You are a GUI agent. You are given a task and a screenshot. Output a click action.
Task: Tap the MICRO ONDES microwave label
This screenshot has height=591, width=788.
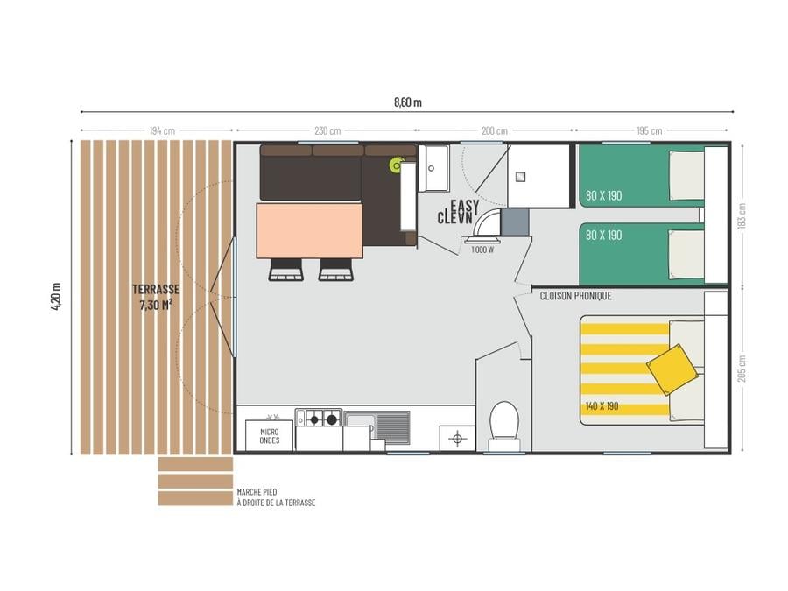pos(270,436)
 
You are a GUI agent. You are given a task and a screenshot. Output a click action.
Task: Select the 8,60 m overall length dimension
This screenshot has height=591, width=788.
pos(407,102)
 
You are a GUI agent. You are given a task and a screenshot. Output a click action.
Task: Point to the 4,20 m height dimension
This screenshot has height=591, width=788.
pos(56,297)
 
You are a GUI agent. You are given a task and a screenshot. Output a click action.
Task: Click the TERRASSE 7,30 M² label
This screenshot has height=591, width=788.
pos(156,297)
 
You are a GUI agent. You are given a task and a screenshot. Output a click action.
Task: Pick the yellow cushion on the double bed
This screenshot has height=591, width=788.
pos(672,369)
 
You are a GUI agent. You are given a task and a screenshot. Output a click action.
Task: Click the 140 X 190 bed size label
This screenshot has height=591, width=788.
pos(602,406)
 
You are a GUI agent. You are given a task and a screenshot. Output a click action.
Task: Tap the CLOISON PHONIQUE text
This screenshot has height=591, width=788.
pos(575,296)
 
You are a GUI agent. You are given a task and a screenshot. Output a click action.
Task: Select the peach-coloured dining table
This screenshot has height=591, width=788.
pos(310,230)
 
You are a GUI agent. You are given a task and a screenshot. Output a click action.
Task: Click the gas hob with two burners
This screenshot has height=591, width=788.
pos(319,418)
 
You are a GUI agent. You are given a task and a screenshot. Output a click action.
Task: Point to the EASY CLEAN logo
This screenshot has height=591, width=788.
pos(458,212)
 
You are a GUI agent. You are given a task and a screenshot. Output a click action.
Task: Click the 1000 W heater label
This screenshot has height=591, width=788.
pos(482,250)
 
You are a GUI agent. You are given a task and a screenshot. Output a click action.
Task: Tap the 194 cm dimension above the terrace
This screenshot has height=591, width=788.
pos(162,131)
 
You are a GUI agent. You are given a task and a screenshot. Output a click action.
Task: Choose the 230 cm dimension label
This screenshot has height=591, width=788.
pos(327,131)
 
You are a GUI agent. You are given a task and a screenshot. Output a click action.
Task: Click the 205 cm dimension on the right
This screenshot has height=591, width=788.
pos(742,369)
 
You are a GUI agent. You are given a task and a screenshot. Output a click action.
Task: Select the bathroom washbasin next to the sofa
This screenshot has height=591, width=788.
pos(433,168)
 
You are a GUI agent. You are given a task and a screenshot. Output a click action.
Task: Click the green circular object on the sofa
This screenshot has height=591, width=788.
pos(397,165)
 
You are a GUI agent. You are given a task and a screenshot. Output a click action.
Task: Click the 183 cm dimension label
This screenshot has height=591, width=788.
pos(742,216)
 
